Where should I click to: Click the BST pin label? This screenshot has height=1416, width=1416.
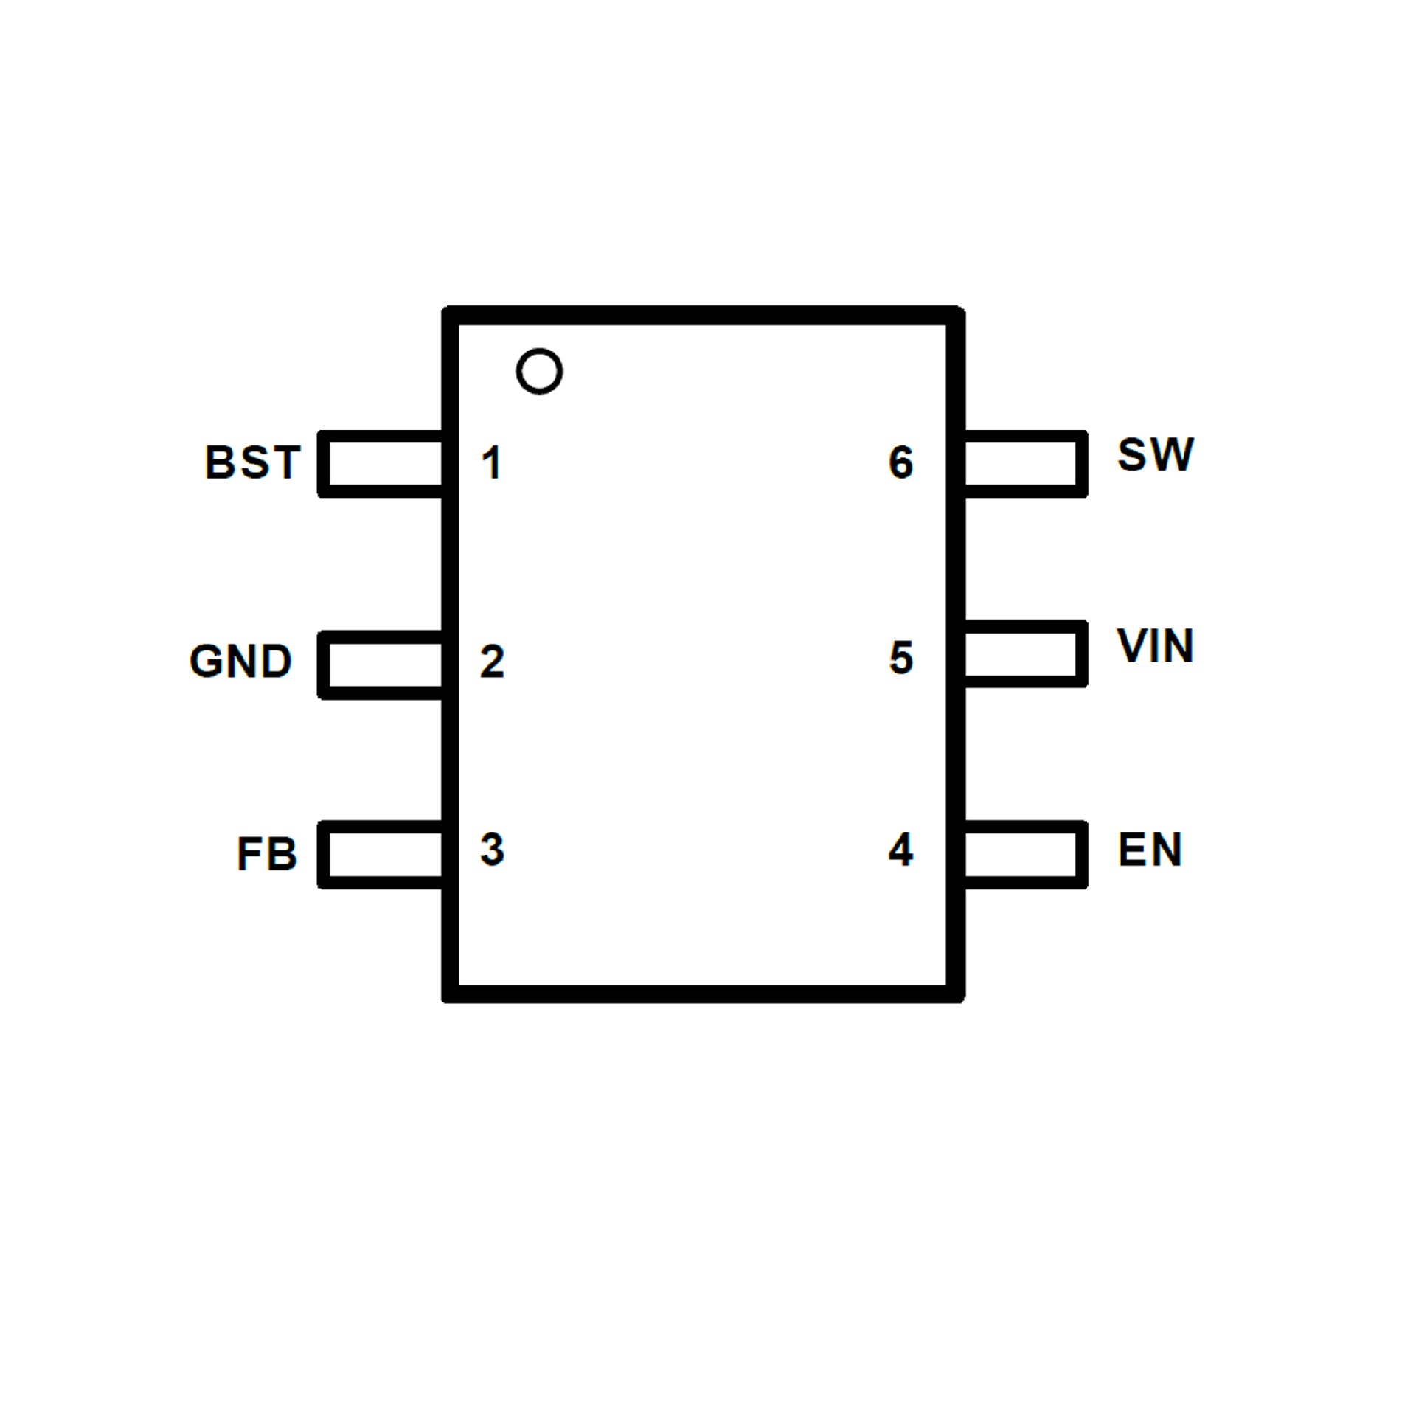coord(252,462)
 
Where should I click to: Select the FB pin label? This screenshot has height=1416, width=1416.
coord(266,854)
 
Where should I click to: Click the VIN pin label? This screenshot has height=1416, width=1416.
coord(1155,646)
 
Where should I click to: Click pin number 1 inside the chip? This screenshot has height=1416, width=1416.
coord(491,462)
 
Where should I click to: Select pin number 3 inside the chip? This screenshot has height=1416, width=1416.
coord(492,849)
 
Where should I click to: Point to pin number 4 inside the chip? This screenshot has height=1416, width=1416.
coord(900,849)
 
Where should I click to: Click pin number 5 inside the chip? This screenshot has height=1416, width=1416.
coord(901,657)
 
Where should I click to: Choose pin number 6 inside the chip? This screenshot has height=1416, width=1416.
coord(901,462)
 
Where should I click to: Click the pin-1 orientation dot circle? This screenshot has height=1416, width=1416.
coord(539,371)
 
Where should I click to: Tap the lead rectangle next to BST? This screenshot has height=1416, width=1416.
coord(381,463)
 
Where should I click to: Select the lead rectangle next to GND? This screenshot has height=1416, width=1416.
coord(381,664)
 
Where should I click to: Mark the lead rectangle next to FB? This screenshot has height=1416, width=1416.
coord(381,854)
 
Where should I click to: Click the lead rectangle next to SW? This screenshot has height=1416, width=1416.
coord(1024,463)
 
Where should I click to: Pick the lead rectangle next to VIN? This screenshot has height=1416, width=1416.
coord(1024,653)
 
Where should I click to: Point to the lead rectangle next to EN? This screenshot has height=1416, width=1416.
coord(1024,854)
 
